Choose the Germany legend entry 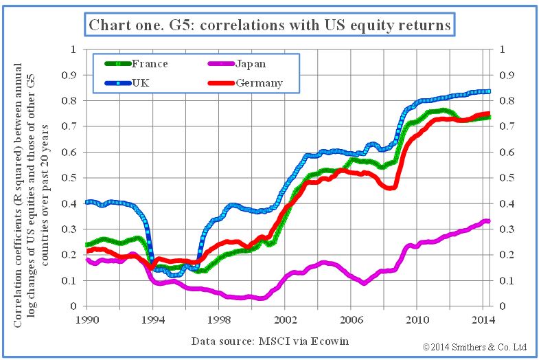click(x=255, y=83)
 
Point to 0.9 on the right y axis click(x=505, y=76)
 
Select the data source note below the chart click(x=265, y=341)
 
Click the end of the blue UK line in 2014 click(x=488, y=91)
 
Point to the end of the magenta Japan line click(x=487, y=221)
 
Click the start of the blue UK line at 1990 click(x=88, y=202)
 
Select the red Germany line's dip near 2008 click(x=390, y=188)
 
